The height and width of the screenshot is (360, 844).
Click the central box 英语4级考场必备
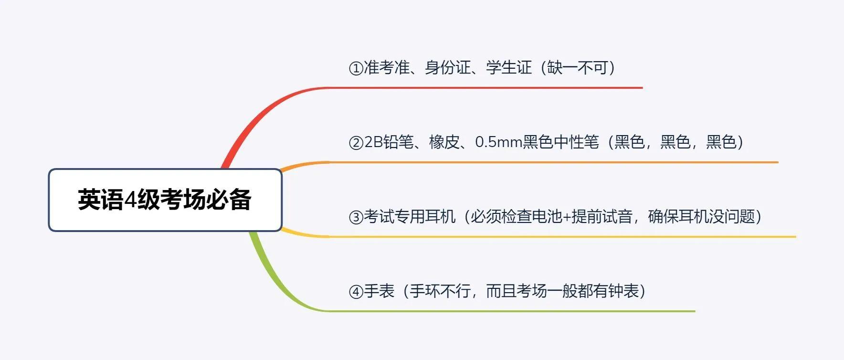[165, 200]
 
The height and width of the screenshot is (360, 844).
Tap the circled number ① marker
[356, 68]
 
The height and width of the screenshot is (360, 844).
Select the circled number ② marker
[356, 143]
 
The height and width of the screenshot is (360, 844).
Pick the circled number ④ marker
[356, 292]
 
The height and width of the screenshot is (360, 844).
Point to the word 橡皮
[444, 142]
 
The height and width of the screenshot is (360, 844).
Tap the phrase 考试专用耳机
[410, 217]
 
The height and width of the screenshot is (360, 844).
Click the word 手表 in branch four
[379, 291]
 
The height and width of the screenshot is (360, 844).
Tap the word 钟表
[623, 291]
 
